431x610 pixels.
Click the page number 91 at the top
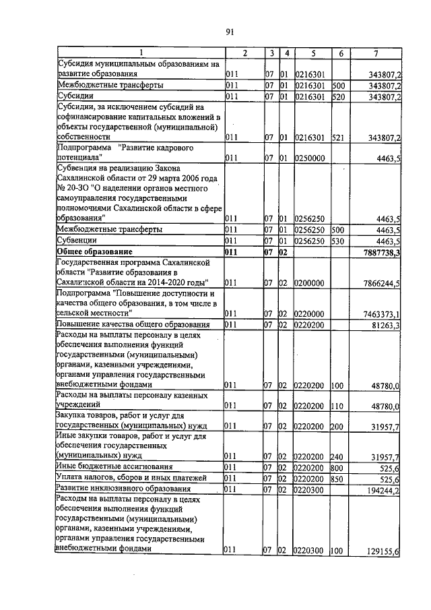tap(229, 32)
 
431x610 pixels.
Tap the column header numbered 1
tap(141, 53)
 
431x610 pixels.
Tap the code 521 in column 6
tap(338, 138)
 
